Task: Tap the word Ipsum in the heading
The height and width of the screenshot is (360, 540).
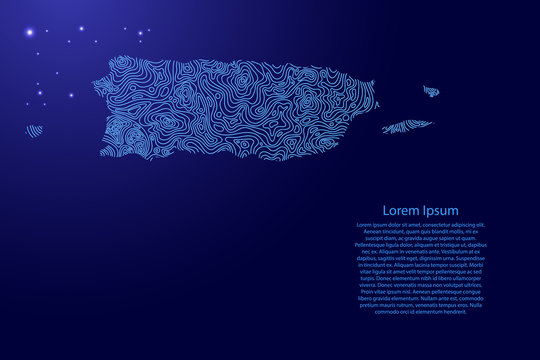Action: [440, 211]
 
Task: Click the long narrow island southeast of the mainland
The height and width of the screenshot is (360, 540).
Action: [406, 127]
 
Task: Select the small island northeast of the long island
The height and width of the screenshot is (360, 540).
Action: [431, 92]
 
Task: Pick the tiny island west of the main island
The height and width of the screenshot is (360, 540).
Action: [34, 130]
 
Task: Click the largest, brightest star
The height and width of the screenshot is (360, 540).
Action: [31, 32]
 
